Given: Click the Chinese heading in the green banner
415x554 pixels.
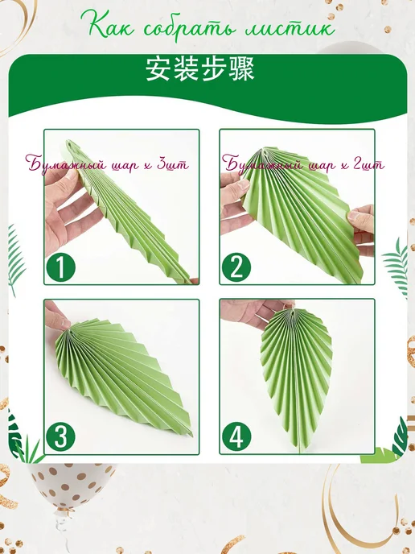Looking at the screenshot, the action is pyautogui.click(x=199, y=69).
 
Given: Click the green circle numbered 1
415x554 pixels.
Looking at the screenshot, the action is pyautogui.click(x=60, y=267).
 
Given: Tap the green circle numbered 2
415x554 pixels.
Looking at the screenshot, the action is pyautogui.click(x=236, y=267).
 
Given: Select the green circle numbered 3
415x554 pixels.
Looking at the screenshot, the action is pyautogui.click(x=60, y=437).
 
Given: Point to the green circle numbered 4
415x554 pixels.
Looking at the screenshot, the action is pyautogui.click(x=236, y=437).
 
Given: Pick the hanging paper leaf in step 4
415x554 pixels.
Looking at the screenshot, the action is pyautogui.click(x=297, y=374).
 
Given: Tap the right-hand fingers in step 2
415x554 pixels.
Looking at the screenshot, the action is pyautogui.click(x=362, y=226).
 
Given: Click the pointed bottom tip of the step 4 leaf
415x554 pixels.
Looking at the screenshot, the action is pyautogui.click(x=299, y=452).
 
